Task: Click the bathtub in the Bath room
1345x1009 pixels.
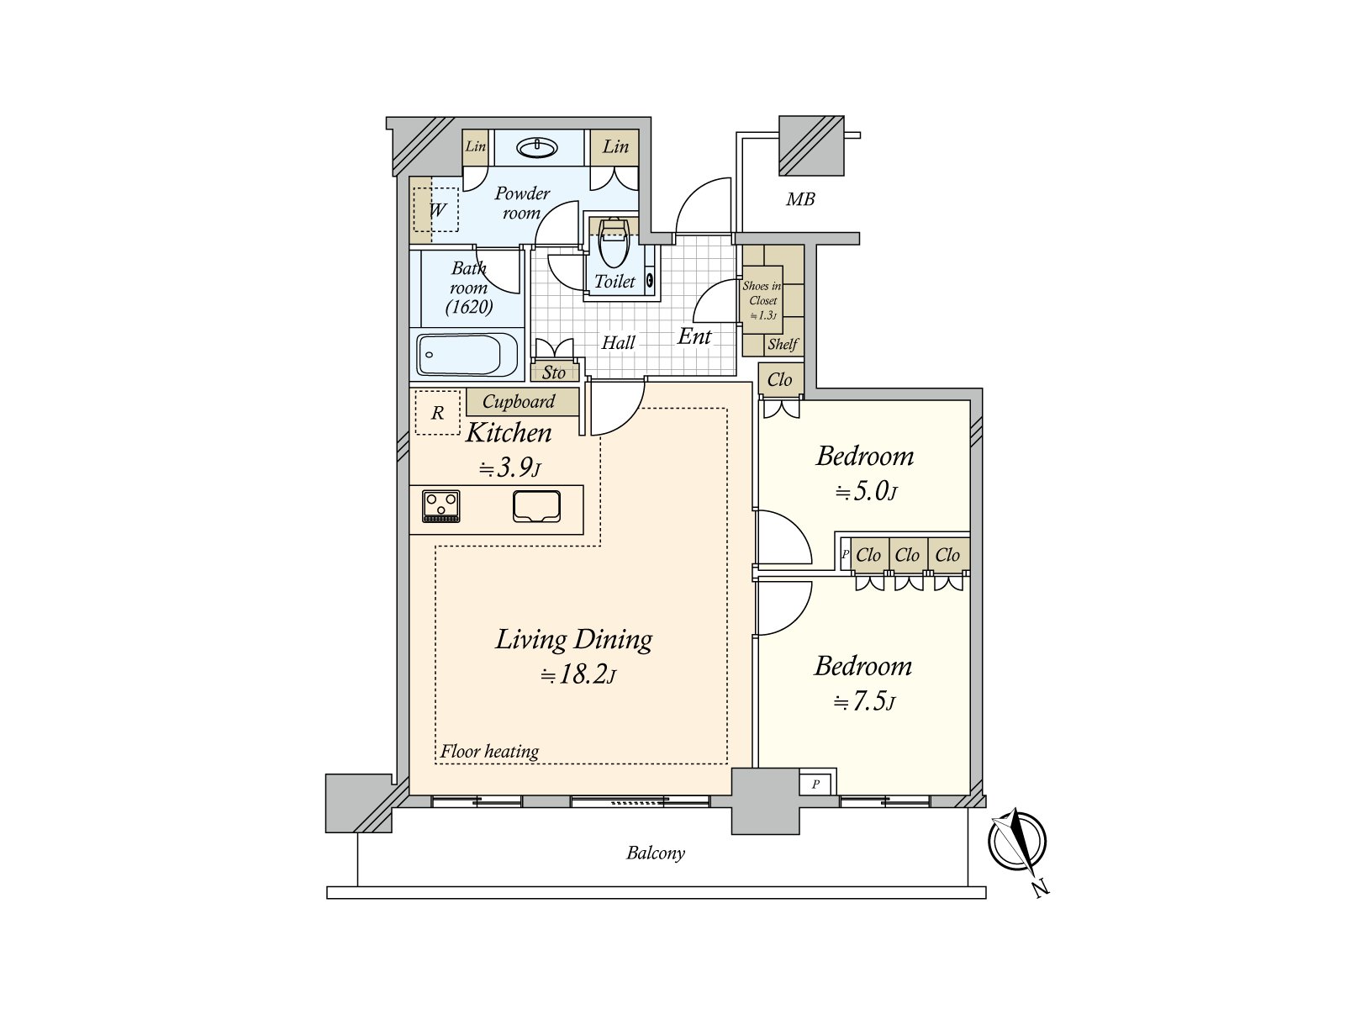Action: click(468, 355)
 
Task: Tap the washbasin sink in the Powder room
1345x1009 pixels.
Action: click(537, 149)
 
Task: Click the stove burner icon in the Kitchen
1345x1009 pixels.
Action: click(441, 506)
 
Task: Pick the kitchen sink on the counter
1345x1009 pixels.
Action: click(537, 507)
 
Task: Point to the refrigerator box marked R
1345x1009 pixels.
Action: click(437, 413)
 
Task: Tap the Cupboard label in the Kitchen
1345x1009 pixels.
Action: click(519, 402)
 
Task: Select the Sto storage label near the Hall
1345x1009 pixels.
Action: click(553, 372)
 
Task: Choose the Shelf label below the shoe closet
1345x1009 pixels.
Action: click(783, 344)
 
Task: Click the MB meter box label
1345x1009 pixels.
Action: click(800, 199)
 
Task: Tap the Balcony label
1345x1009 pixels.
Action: click(656, 853)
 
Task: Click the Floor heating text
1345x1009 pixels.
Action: click(490, 751)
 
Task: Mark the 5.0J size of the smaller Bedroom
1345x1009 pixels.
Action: click(867, 491)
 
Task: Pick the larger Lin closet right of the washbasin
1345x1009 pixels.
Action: click(615, 147)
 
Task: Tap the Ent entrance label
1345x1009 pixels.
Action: click(694, 336)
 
